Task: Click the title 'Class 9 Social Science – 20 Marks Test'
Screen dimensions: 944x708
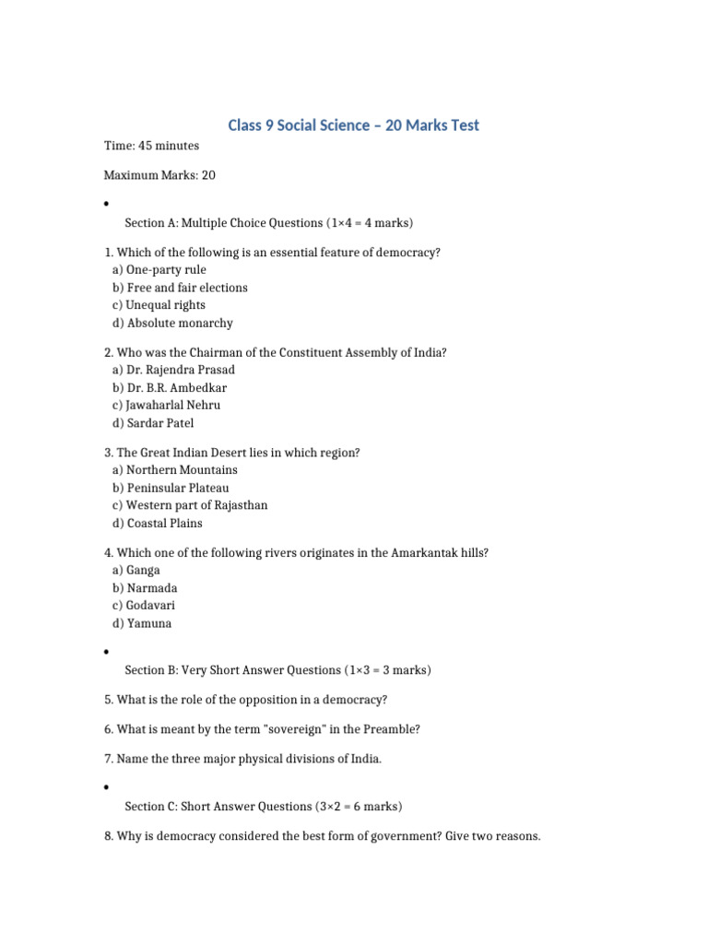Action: pos(354,124)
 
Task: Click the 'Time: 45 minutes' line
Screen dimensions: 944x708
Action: pos(151,146)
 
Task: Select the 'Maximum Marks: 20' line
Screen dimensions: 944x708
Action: pos(159,175)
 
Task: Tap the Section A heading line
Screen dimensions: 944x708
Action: pos(269,223)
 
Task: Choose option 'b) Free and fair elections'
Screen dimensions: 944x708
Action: pos(180,288)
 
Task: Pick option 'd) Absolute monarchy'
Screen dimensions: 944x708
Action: pos(172,323)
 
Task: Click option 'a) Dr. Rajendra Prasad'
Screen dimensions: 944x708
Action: pos(180,370)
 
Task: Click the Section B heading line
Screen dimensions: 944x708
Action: pos(277,670)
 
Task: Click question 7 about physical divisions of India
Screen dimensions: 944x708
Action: pos(242,759)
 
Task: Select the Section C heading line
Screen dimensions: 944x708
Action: pos(264,807)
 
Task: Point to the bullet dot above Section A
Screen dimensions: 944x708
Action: pos(107,204)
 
